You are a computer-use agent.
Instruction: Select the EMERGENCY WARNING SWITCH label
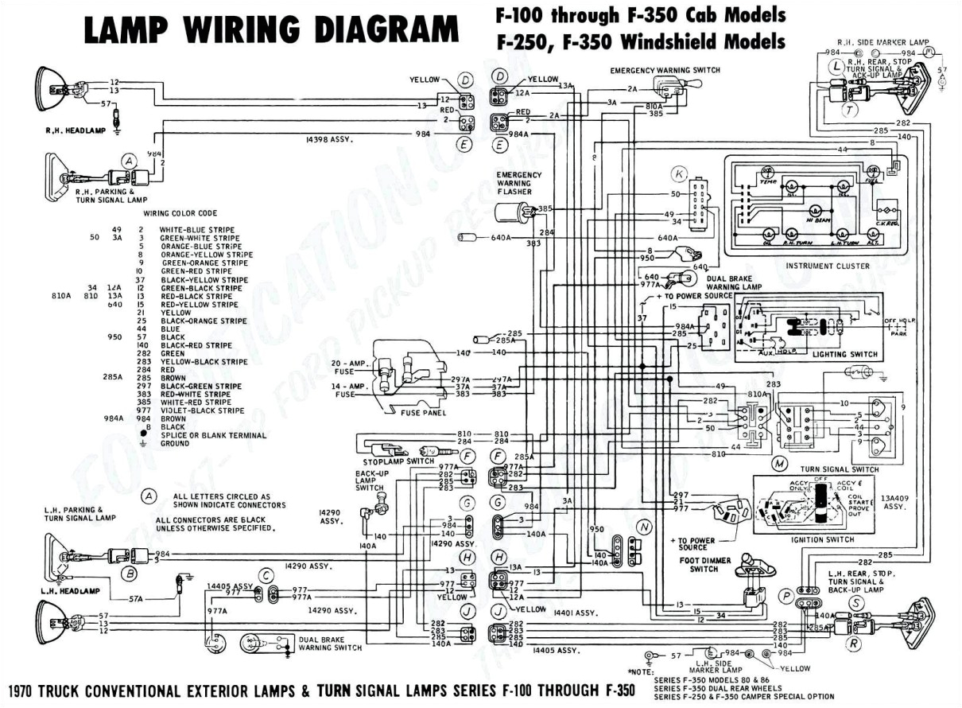(x=665, y=70)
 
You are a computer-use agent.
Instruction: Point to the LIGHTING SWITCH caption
(x=845, y=354)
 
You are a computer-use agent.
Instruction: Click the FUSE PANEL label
(x=425, y=413)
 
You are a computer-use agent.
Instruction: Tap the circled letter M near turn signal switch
(x=780, y=463)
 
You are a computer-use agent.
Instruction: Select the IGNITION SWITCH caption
(x=822, y=539)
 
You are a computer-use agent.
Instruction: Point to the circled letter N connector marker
(x=644, y=527)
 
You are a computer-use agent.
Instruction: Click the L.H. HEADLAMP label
(x=70, y=591)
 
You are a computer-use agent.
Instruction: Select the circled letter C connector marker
(x=267, y=574)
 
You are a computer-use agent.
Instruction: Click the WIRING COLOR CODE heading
(x=180, y=213)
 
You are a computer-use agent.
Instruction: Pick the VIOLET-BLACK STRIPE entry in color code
(x=202, y=410)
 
